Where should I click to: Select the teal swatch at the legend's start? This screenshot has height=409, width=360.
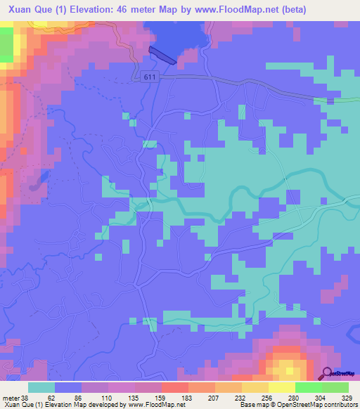(41, 387)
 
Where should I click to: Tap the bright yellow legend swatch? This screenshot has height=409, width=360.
(282, 387)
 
